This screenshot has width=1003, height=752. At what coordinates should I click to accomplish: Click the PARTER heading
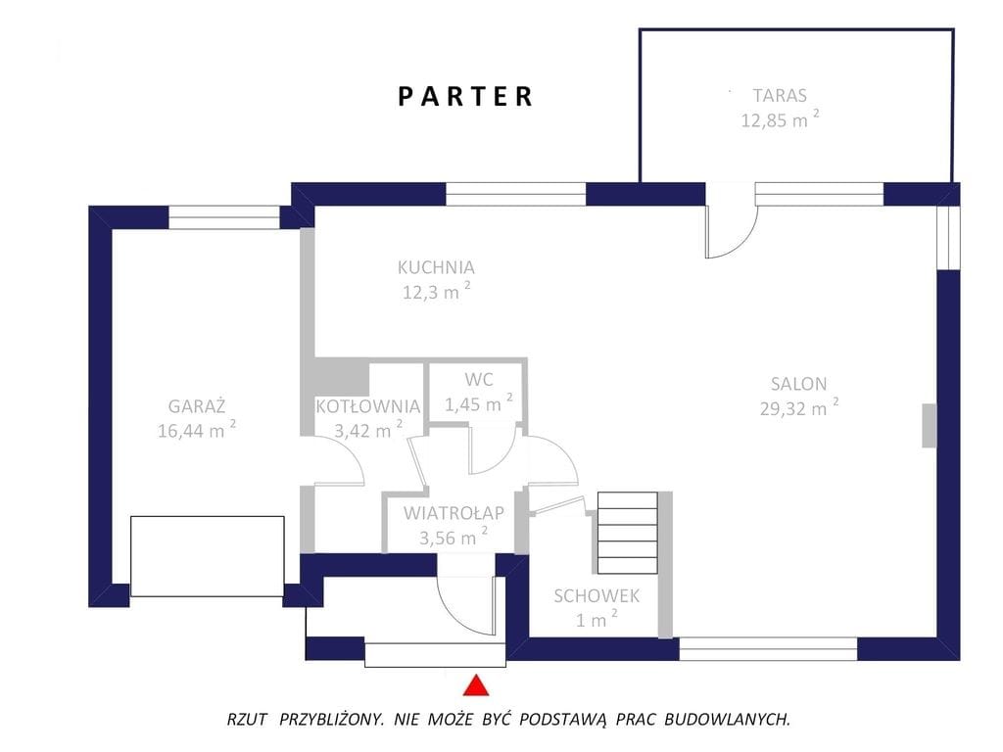(x=465, y=97)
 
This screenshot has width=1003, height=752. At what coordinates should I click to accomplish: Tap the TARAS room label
(x=780, y=96)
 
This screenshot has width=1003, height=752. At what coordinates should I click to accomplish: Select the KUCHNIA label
(x=436, y=267)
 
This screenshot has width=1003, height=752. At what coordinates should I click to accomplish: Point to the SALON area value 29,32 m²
(x=799, y=407)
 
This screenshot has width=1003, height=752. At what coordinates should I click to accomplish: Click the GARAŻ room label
(x=197, y=405)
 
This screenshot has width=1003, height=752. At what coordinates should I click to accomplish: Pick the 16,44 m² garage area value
(x=197, y=430)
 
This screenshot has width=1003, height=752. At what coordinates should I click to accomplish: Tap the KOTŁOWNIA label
(x=368, y=406)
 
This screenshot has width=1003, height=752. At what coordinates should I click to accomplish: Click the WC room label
(x=478, y=380)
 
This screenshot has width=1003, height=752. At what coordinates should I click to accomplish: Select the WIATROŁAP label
(x=454, y=513)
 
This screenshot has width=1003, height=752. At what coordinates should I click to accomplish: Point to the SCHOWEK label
(x=597, y=596)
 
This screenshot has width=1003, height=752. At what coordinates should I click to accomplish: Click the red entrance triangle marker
(x=476, y=684)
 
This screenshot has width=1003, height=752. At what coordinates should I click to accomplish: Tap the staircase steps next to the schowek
(x=628, y=533)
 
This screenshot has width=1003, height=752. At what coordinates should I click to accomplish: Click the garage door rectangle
(x=208, y=556)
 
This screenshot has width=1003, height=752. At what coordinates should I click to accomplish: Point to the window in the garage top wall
(x=224, y=217)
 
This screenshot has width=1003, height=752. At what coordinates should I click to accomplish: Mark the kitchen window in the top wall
(x=515, y=194)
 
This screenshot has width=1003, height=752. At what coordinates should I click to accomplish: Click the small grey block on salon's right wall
(x=929, y=426)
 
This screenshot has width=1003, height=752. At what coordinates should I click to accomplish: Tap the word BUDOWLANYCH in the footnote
(x=727, y=720)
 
